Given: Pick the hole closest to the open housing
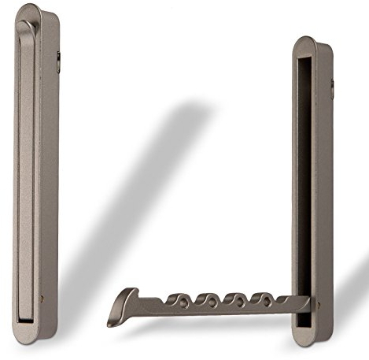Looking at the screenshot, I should coord(260,301).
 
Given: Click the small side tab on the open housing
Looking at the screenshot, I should coord(332,89).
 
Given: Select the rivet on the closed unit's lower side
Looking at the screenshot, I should coord(42,299).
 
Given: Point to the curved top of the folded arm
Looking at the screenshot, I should coord(26,28).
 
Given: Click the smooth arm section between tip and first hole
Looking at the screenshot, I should coord(149,306).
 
